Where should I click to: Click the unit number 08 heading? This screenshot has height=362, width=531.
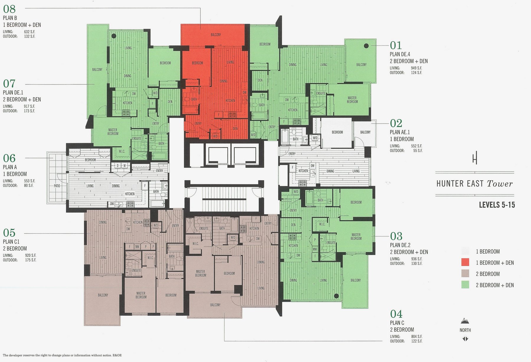9,9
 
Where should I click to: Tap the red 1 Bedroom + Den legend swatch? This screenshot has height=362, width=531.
465,262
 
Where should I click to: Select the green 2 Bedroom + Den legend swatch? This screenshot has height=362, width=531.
465,285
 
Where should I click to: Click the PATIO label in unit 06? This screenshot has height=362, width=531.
57,186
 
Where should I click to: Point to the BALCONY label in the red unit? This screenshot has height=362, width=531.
216,35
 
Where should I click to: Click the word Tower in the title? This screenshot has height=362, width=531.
500,184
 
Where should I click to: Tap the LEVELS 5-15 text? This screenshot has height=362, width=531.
497,205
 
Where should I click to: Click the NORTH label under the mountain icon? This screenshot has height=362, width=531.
465,330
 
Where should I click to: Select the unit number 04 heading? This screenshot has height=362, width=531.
396,314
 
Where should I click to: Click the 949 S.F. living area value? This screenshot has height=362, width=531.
417,68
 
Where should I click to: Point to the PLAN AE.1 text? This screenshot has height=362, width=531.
400,132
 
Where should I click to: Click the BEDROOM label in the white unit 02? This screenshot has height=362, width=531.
337,132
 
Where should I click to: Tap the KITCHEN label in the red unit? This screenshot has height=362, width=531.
230,101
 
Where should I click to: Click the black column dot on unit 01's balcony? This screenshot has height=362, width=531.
366,46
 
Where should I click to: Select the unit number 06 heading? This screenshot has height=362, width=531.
9,158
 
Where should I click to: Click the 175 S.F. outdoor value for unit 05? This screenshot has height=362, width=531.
30,260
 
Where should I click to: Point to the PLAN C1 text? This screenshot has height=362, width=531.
11,242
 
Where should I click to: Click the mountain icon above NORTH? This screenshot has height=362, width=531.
465,321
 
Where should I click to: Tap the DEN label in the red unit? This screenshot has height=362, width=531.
235,128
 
